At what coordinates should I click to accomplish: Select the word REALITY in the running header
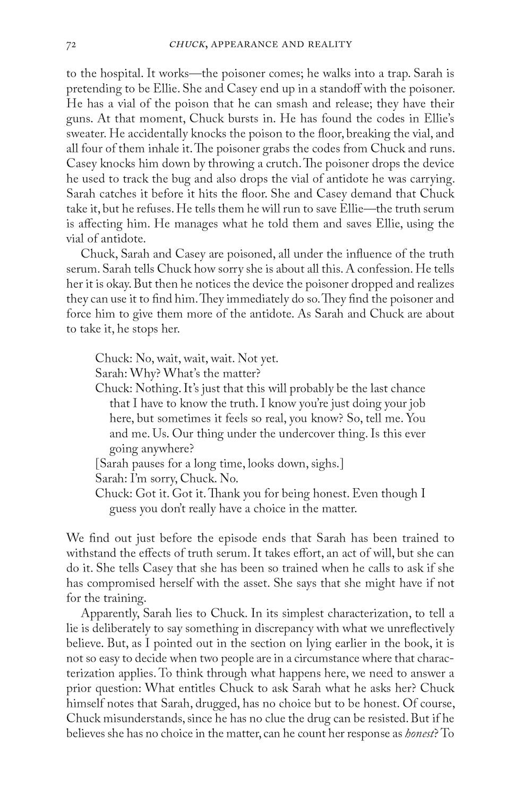[x=330, y=45]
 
